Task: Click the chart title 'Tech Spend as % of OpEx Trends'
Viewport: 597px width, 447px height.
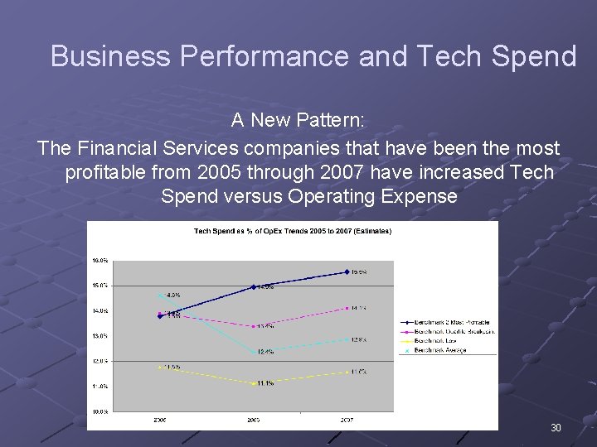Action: point(293,231)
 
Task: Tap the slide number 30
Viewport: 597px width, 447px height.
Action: point(556,428)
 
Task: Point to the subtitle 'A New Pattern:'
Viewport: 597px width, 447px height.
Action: point(297,121)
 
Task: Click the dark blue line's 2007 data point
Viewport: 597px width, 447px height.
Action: point(347,272)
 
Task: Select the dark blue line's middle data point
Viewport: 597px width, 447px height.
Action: point(254,286)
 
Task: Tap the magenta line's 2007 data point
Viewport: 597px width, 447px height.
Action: point(347,308)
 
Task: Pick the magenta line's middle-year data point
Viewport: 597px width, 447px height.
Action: point(254,326)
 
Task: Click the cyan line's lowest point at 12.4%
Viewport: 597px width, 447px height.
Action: point(254,352)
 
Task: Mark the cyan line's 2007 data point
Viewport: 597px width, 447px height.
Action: point(347,339)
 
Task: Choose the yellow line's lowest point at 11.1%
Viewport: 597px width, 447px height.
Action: point(254,384)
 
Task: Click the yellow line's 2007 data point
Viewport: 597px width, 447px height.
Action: point(347,372)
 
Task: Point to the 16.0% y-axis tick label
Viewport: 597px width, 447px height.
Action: point(99,260)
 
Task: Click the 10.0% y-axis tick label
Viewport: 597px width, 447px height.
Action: point(99,411)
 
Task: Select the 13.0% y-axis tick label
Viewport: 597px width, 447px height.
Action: point(99,336)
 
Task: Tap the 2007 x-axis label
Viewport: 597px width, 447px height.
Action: point(347,420)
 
